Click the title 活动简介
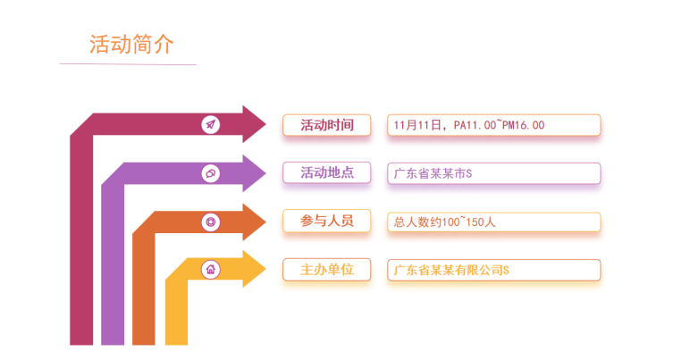point(131,45)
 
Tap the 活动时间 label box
point(327,125)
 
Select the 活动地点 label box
point(327,172)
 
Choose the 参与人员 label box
point(327,221)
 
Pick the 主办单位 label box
point(327,270)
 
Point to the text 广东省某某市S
point(433,173)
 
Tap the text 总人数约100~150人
point(444,222)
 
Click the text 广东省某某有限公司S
point(451,270)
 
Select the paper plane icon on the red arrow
point(211,124)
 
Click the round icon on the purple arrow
point(211,173)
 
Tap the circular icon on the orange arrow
point(211,222)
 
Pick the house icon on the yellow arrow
point(211,269)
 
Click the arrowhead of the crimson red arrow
point(266,124)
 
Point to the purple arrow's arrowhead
point(266,173)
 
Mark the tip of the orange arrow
point(266,222)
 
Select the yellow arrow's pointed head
point(266,269)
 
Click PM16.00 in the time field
point(523,125)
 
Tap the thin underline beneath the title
point(128,64)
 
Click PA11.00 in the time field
point(475,125)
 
